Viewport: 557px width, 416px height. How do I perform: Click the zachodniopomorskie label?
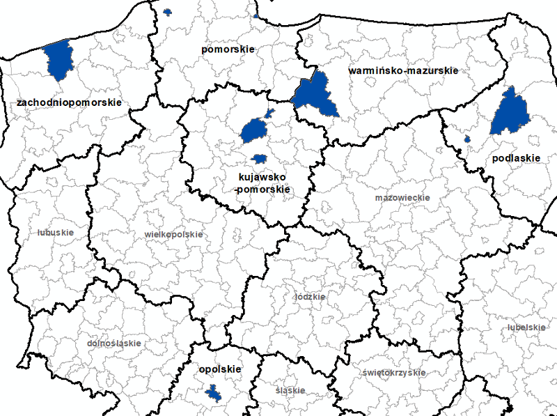pyautogui.click(x=69, y=102)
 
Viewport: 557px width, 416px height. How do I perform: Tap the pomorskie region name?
pyautogui.click(x=228, y=49)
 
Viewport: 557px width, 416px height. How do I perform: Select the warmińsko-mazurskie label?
pyautogui.click(x=402, y=71)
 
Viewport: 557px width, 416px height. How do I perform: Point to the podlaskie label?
pyautogui.click(x=515, y=158)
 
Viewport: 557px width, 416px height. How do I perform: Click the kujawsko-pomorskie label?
pyautogui.click(x=262, y=183)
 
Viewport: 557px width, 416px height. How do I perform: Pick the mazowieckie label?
pyautogui.click(x=402, y=198)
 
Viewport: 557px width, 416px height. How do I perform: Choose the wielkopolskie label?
pyautogui.click(x=173, y=234)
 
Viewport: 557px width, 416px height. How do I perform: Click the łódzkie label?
pyautogui.click(x=310, y=296)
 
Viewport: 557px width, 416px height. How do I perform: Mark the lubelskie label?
pyautogui.click(x=526, y=327)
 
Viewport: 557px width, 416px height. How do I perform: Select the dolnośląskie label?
pyautogui.click(x=113, y=344)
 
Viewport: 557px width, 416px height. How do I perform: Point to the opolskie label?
pyautogui.click(x=219, y=369)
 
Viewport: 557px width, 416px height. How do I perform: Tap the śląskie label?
pyautogui.click(x=290, y=390)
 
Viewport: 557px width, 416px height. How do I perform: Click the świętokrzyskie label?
pyautogui.click(x=393, y=372)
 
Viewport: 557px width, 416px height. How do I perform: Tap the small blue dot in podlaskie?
pyautogui.click(x=467, y=139)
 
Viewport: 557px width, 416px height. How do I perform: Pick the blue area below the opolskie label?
pyautogui.click(x=214, y=395)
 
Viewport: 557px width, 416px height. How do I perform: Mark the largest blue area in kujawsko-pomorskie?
pyautogui.click(x=254, y=130)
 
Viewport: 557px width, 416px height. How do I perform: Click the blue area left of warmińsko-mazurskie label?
pyautogui.click(x=313, y=96)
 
